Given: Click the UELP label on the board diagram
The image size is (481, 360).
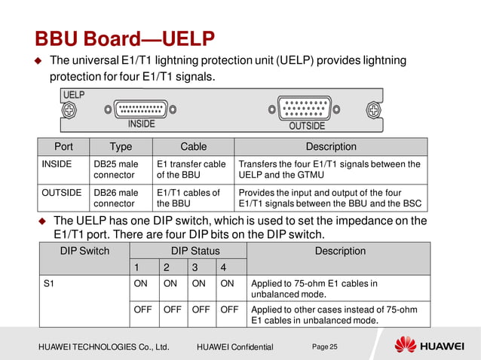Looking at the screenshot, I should coord(73,96).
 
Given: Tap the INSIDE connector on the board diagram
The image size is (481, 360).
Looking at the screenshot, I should coord(141,110).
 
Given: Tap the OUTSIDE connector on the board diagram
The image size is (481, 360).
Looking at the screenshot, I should coord(307,111).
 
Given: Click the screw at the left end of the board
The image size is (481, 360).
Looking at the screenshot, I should coord(69,111).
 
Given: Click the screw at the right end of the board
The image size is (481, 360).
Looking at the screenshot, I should coord(372,111).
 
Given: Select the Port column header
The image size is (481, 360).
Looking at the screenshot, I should coord(63,147).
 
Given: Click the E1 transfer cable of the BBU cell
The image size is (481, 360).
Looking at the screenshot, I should coord(191,169).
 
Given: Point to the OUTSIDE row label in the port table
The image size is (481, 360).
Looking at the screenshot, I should coord(61,193).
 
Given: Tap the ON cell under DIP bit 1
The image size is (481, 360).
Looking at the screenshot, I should coord(140,284).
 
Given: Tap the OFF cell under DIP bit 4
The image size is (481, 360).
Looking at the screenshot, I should coord(229,309).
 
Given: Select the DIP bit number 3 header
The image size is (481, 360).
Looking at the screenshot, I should coord(195,267).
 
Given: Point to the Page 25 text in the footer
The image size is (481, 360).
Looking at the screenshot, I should coord(324,346).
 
